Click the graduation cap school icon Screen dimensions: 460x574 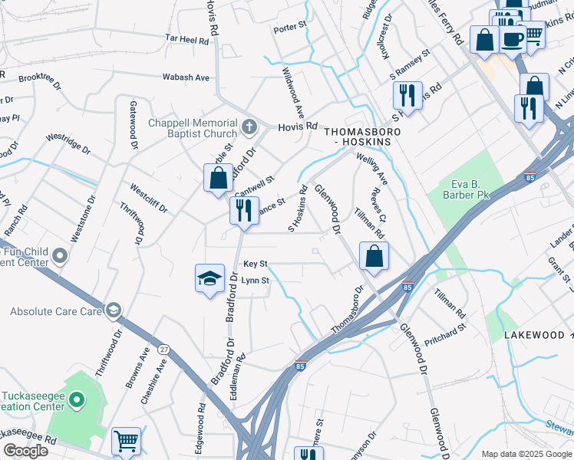click(x=209, y=279)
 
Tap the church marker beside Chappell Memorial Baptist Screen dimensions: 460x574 click(x=248, y=126)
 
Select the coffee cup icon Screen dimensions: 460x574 click(x=513, y=38)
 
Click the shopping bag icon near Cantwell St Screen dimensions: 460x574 click(x=218, y=179)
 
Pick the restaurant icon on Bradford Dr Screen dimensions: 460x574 click(x=244, y=210)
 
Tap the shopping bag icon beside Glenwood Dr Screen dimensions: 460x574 click(x=374, y=258)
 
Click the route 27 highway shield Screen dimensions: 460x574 click(x=163, y=349)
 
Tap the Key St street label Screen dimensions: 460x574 click(x=255, y=264)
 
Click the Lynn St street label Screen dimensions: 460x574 click(x=255, y=281)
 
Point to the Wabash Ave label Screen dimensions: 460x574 click(x=186, y=77)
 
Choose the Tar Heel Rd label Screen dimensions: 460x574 click(x=187, y=38)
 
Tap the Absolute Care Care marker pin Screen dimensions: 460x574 click(x=113, y=310)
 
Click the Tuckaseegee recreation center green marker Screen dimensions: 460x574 click(x=76, y=399)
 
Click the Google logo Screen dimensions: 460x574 click(x=25, y=451)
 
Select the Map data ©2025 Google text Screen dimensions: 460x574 click(x=526, y=454)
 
